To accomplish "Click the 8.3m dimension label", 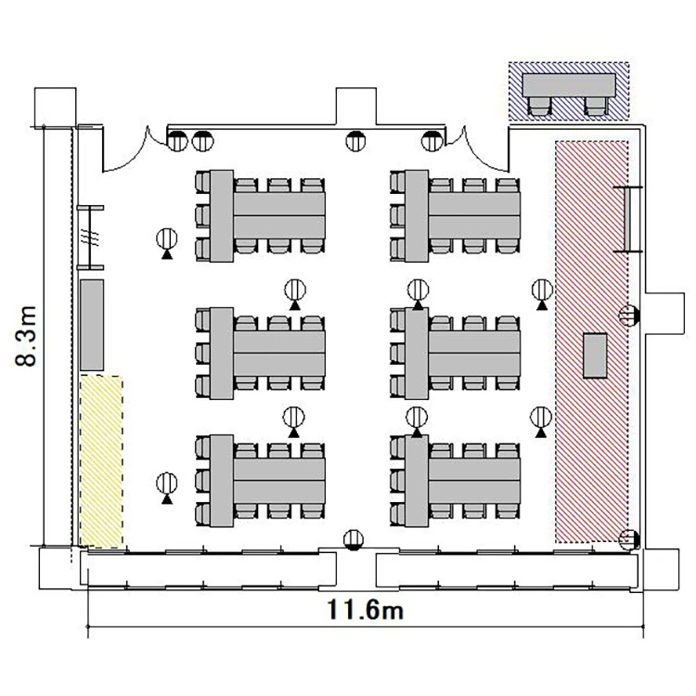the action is click(26, 336).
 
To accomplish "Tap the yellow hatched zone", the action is click(101, 461).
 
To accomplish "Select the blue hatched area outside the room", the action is click(569, 91).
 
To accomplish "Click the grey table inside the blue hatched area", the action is click(569, 84).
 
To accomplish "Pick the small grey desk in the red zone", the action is click(595, 355).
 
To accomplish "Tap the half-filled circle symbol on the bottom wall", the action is click(354, 540).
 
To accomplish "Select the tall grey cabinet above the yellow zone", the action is click(92, 325).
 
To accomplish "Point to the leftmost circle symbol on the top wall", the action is click(177, 141).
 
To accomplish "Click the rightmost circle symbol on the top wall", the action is click(431, 141).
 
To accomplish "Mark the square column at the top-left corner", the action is click(55, 107).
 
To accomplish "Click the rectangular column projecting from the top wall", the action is click(356, 107).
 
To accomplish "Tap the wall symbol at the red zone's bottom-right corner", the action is click(629, 540).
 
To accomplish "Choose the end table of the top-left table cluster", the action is click(222, 215).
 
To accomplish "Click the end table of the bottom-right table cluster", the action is click(417, 481).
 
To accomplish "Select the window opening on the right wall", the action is click(627, 219).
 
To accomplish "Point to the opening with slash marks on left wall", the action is click(91, 238).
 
